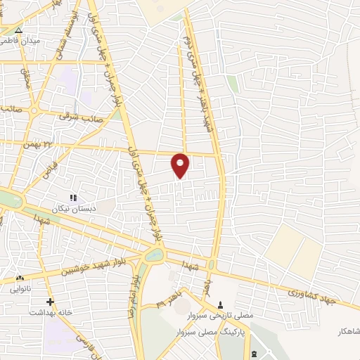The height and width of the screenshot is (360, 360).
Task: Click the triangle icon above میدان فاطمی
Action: click(19, 31)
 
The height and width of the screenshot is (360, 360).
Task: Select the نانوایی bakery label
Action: click(20, 288)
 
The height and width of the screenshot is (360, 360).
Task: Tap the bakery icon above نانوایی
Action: click(19, 278)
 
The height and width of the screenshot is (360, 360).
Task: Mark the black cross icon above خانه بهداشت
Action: click(50, 302)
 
